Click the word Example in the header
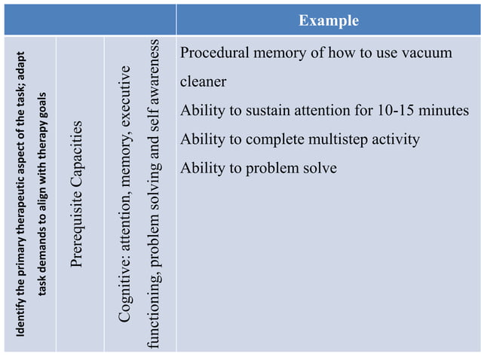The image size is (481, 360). (328, 20)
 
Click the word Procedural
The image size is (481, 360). (214, 53)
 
